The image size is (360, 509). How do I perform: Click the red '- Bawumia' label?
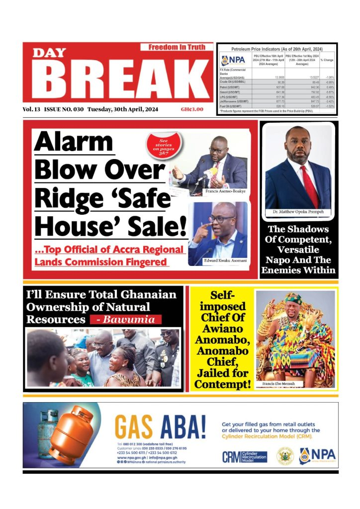pos(125,320)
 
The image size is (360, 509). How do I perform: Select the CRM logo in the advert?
pos(244,456)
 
